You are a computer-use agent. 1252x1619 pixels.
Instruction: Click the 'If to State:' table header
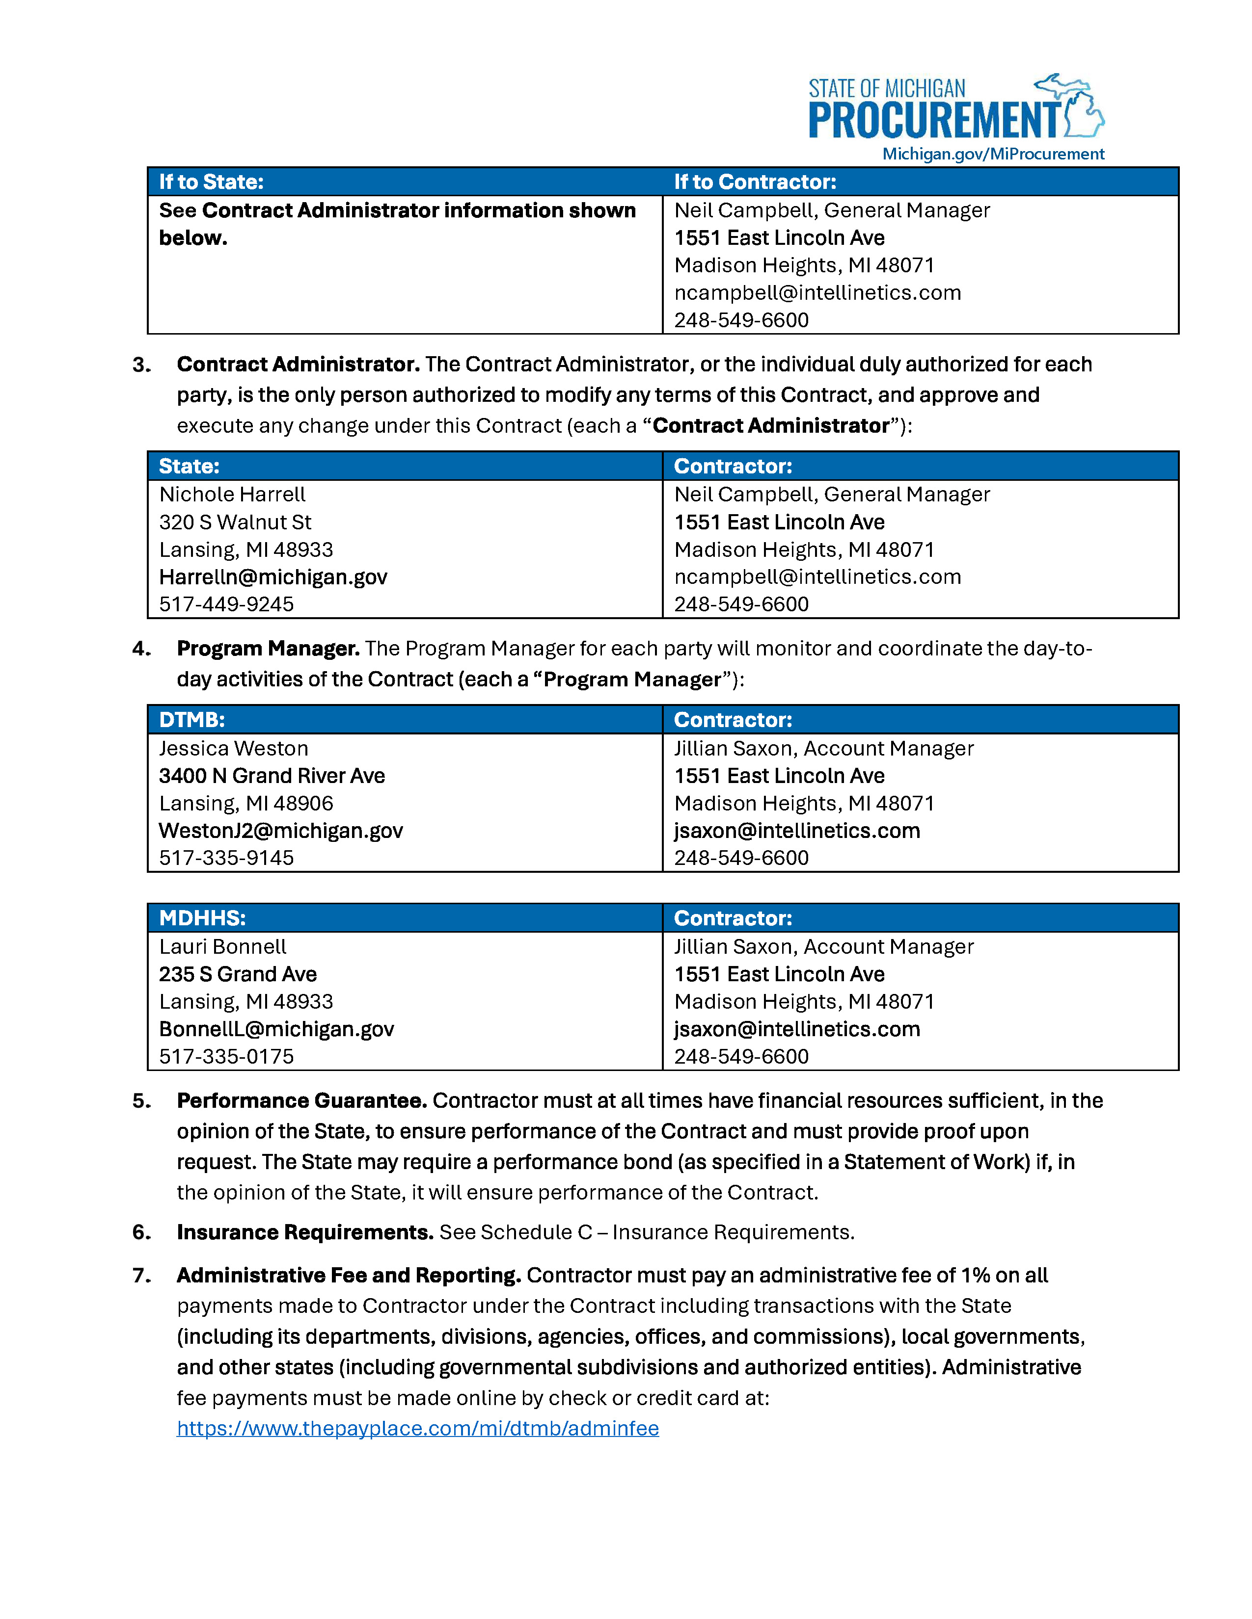pos(212,182)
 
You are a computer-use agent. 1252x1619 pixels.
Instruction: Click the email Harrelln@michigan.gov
pos(273,577)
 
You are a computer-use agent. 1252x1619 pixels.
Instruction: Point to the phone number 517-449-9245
pos(226,604)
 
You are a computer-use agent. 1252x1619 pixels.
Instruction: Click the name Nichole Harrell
pos(232,495)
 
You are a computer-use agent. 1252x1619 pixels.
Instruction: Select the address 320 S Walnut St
pos(235,522)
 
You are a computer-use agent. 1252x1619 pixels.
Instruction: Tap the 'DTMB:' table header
pos(191,720)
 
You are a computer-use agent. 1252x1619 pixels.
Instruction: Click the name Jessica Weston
pos(234,749)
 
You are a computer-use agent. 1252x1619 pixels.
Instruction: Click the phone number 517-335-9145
pos(226,858)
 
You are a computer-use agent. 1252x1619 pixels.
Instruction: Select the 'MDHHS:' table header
pos(202,918)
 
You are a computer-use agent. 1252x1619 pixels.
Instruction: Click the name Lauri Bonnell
pos(222,947)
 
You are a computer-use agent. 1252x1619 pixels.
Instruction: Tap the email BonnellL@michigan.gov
pos(276,1029)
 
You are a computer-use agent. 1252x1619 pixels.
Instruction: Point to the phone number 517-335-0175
pos(226,1056)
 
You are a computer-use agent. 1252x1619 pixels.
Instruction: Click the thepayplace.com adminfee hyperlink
pos(418,1429)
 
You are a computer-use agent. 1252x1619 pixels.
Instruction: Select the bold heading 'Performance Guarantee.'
pos(301,1101)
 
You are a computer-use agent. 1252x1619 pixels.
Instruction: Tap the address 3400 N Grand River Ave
pos(272,776)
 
